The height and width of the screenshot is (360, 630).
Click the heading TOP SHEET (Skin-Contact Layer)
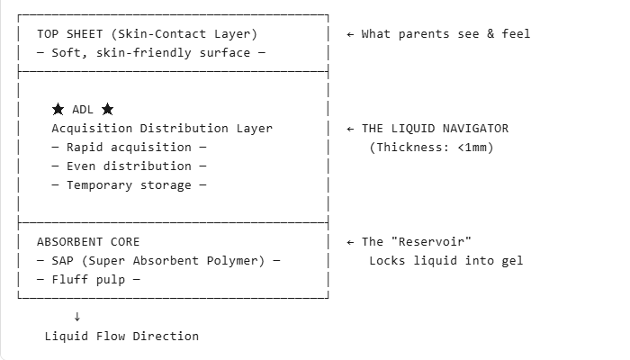pos(147,34)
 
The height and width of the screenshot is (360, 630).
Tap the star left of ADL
pos(58,109)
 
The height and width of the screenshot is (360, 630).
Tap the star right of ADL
pos(108,109)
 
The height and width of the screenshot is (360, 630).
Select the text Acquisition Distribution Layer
pos(162,128)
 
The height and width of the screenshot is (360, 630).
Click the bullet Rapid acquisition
pos(129,147)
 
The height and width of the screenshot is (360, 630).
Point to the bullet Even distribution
pos(129,166)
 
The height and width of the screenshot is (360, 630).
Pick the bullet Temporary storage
pos(129,185)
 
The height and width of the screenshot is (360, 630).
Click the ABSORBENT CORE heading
pos(88,242)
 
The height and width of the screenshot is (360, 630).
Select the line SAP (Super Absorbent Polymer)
pos(158,261)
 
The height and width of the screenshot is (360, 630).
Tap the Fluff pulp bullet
pos(88,280)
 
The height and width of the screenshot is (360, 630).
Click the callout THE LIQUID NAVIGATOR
pos(435,128)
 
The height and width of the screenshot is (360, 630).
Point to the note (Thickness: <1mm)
pos(431,147)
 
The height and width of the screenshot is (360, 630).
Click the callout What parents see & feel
pos(445,34)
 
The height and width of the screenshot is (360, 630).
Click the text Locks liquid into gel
pos(445,261)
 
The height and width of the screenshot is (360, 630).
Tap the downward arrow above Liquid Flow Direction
pos(77,316)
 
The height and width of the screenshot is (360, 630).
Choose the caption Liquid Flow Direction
pos(121,336)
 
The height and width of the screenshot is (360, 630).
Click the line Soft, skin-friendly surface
pos(151,53)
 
